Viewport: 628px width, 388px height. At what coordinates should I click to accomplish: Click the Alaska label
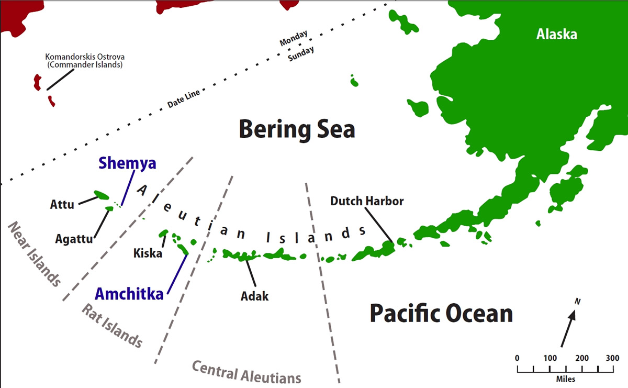tap(556, 35)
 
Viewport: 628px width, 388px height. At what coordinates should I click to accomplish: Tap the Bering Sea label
tap(297, 129)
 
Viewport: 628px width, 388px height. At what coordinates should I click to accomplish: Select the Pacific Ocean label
tap(441, 314)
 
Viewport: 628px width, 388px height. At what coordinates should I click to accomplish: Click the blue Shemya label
tap(127, 163)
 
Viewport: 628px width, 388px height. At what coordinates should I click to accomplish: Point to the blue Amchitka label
tap(129, 293)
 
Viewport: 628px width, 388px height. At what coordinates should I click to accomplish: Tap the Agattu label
tap(74, 239)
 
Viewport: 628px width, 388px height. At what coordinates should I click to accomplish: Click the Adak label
tap(254, 296)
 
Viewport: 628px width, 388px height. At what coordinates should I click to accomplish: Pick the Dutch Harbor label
tap(367, 201)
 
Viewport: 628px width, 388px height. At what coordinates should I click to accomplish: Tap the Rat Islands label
tap(111, 325)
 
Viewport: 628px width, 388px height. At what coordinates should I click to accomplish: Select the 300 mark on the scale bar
tap(612, 358)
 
